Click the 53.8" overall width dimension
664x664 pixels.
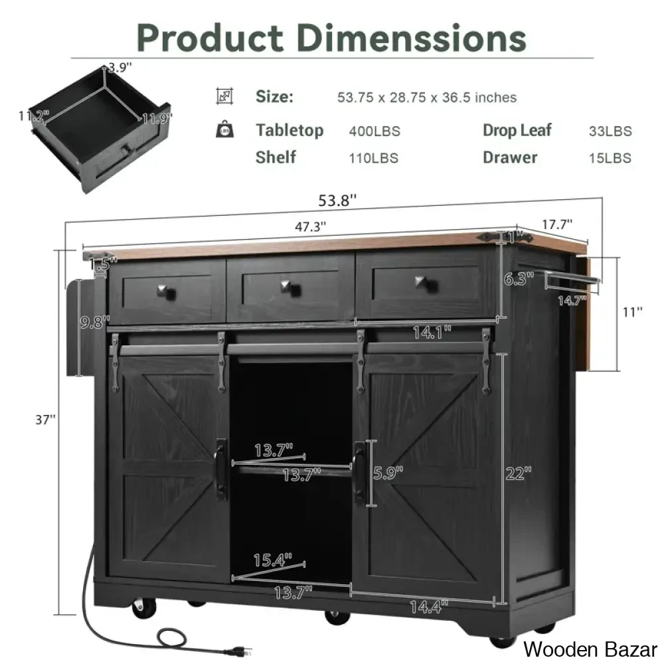coord(337,201)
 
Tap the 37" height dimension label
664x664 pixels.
coord(45,420)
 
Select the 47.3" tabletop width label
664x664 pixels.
coord(310,227)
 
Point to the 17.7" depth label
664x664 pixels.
coord(557,224)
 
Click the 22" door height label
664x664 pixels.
coord(519,473)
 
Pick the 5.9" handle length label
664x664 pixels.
coord(388,473)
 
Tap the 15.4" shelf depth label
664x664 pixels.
coord(273,560)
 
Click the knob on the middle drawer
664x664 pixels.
coord(291,288)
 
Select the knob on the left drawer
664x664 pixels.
coord(167,292)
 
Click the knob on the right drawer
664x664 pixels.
coord(426,284)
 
